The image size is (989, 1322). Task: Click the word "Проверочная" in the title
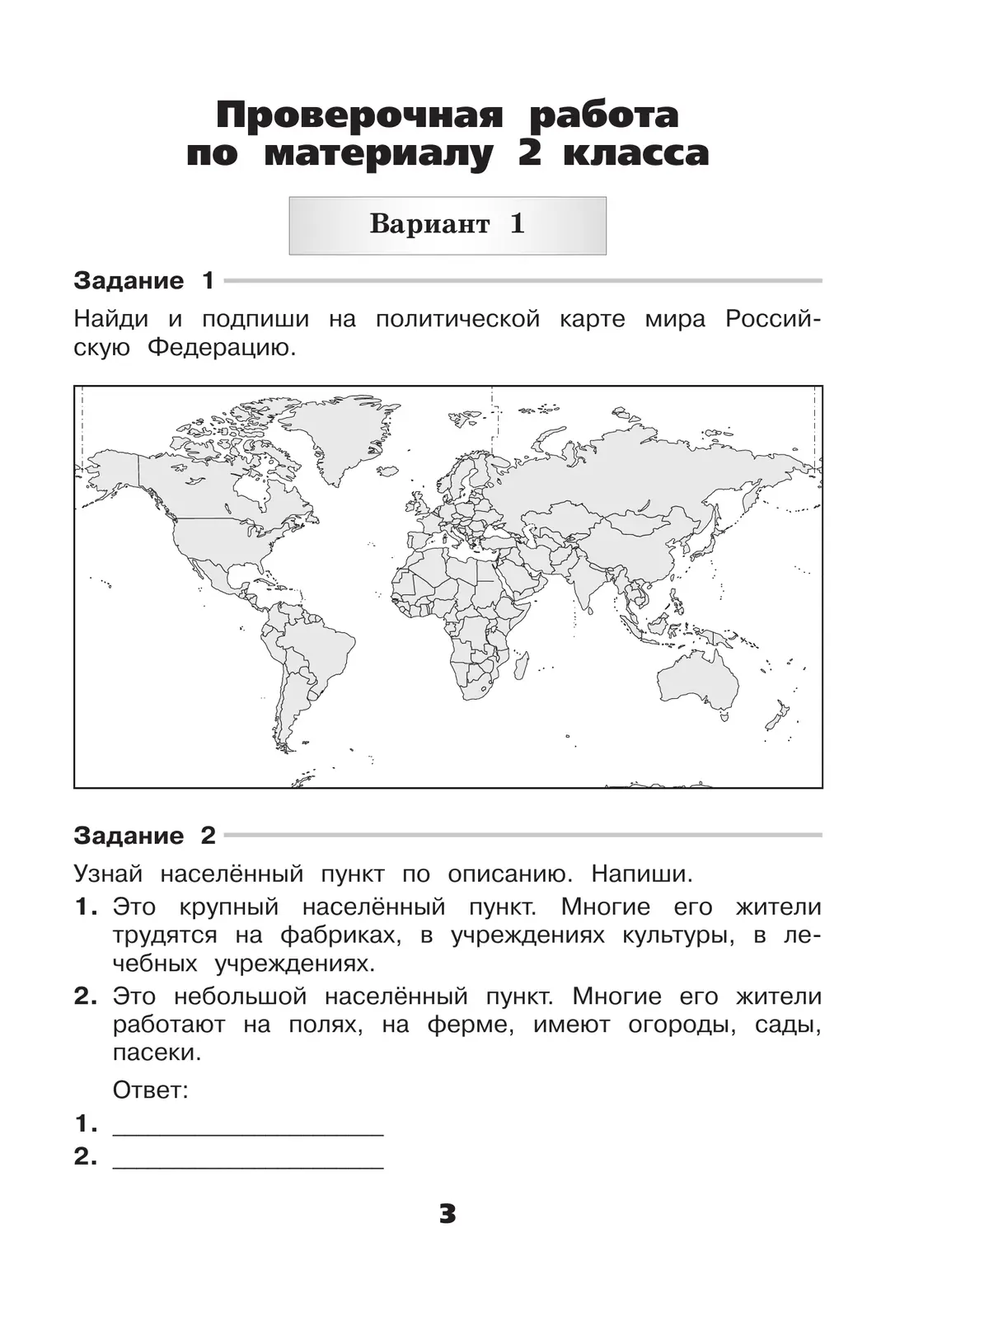click(x=358, y=116)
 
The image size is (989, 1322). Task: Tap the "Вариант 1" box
click(x=447, y=225)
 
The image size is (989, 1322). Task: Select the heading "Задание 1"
click(x=143, y=281)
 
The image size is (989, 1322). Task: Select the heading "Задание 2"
click(x=144, y=836)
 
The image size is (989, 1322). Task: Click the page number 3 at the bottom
click(x=448, y=1213)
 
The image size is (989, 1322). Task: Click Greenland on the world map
click(x=340, y=436)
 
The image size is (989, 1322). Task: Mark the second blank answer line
click(x=247, y=1160)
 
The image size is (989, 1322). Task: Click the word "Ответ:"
click(x=151, y=1090)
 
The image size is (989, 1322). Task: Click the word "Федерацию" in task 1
click(x=221, y=348)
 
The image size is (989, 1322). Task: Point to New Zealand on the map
click(x=777, y=715)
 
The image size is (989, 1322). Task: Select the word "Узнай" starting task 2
click(x=108, y=874)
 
